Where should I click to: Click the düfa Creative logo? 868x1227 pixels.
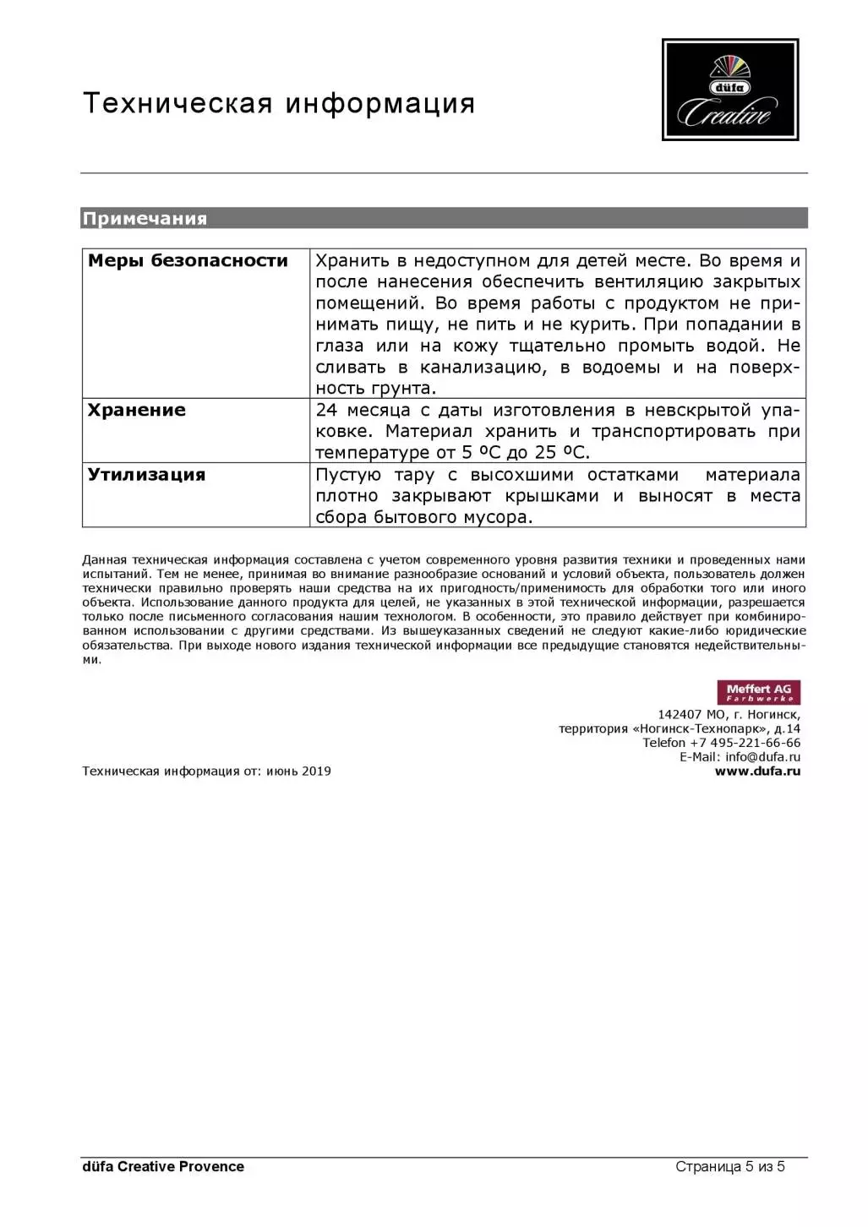coord(729,90)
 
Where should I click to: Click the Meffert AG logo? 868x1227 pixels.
coord(758,692)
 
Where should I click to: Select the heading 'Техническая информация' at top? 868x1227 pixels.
coord(279,103)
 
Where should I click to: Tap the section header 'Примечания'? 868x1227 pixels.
coord(145,219)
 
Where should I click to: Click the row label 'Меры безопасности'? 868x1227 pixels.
coord(188,261)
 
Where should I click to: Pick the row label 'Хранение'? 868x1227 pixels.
coord(137,411)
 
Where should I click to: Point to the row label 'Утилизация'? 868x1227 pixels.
coord(147,475)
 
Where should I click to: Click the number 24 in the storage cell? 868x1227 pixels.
coord(326,411)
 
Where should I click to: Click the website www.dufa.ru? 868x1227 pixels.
coord(757,771)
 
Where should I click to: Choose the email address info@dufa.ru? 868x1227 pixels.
coord(762,756)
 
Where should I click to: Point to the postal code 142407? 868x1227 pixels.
coord(680,714)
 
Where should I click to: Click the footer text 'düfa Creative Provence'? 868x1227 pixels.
coord(163,1166)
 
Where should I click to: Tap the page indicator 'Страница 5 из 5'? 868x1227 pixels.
coord(730,1166)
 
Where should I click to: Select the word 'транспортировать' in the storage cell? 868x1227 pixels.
coord(674,432)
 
